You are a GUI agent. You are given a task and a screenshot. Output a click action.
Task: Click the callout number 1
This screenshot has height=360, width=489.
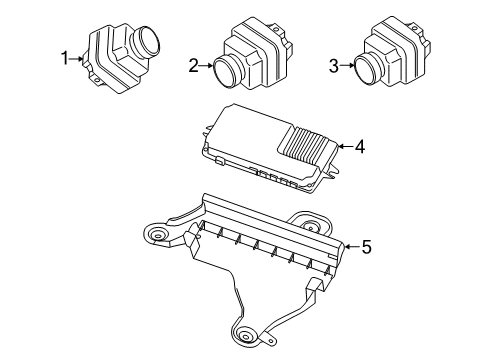point(65,59)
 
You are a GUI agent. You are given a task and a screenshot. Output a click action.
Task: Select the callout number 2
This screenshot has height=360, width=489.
point(193,66)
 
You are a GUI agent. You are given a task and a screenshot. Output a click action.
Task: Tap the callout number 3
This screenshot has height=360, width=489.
point(334,66)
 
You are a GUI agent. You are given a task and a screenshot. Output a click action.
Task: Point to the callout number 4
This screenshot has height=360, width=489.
point(359,146)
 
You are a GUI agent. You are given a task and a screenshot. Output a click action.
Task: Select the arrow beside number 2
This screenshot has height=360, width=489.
point(207,67)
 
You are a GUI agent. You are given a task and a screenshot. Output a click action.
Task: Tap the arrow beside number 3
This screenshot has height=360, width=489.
point(348,67)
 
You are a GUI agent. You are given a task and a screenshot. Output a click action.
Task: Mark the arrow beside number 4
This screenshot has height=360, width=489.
point(343,147)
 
